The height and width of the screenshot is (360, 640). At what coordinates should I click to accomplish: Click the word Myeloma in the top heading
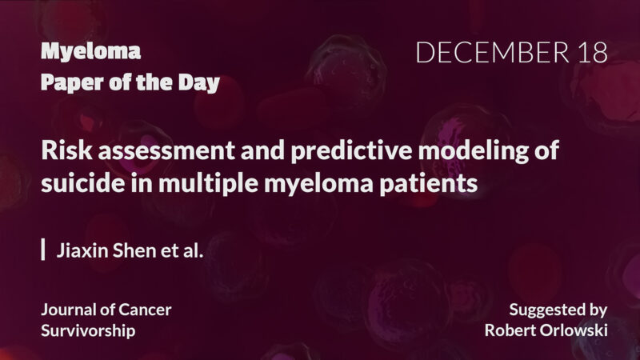pos(90,53)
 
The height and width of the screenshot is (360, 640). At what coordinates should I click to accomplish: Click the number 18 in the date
pos(590,53)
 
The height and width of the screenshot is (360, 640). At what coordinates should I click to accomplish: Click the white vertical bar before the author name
pos(43,250)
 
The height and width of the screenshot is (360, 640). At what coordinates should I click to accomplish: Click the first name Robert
pos(509,330)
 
